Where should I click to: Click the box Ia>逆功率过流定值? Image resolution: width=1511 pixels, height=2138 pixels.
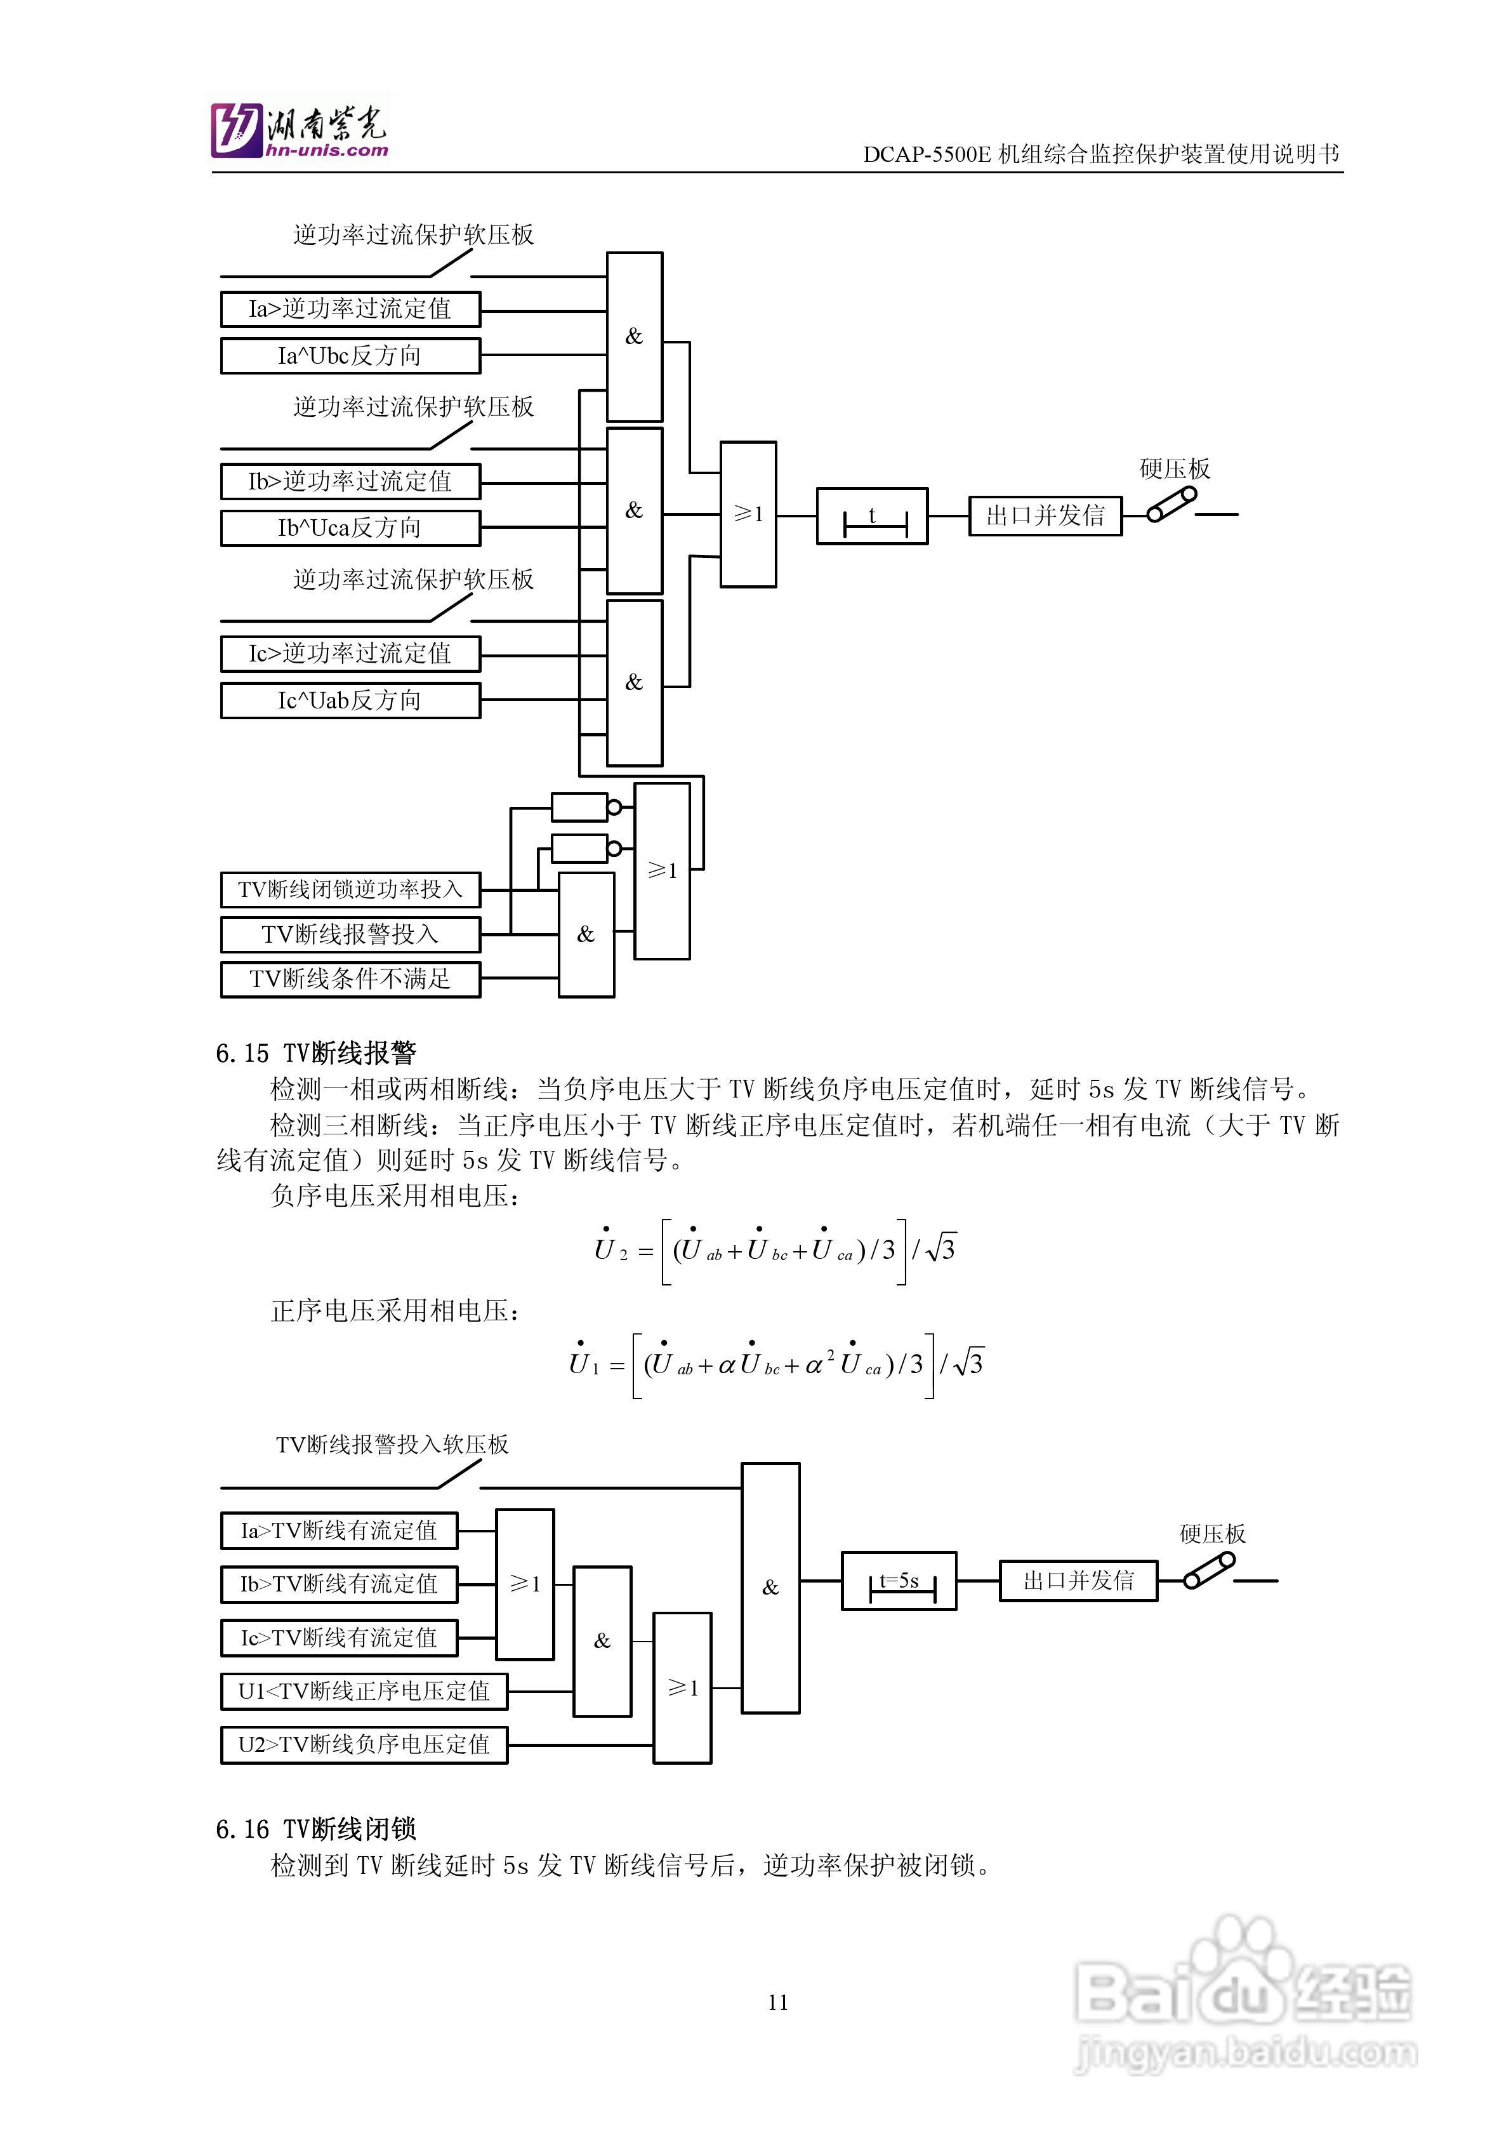350,309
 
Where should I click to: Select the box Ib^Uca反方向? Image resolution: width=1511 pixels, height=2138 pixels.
350,528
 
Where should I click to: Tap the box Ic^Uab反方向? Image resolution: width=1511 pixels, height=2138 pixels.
350,700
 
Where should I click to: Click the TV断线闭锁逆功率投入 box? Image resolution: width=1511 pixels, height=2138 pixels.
350,889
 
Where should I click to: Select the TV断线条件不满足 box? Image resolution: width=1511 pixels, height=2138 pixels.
350,979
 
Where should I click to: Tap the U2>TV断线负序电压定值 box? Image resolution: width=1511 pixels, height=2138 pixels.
364,1745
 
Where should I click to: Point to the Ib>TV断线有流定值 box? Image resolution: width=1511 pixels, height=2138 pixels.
339,1584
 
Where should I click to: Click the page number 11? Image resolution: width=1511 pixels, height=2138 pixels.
778,2003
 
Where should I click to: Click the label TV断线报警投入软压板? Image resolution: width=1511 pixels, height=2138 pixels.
392,1444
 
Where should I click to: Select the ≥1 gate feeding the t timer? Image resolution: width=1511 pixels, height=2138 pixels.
748,514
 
